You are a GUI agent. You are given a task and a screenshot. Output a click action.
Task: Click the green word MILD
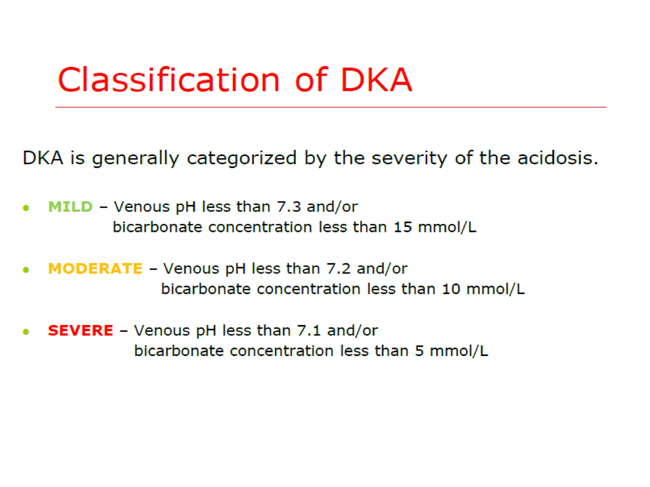click(x=70, y=207)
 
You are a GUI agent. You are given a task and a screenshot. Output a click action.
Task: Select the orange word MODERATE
click(x=95, y=269)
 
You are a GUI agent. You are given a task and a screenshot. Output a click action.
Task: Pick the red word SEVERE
click(x=80, y=330)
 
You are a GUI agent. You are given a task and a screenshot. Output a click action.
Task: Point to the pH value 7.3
click(x=289, y=207)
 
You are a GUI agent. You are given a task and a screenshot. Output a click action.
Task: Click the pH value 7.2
click(x=338, y=269)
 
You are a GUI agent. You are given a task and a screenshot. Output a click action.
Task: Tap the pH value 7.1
click(x=309, y=330)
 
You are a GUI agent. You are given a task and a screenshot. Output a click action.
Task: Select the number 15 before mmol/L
click(x=402, y=227)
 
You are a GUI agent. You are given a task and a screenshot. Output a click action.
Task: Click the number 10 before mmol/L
click(x=451, y=289)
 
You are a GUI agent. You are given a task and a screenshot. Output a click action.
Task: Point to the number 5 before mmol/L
click(x=419, y=351)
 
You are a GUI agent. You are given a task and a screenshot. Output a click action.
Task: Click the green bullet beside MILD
click(x=26, y=208)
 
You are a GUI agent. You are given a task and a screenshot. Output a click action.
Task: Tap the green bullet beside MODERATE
click(x=26, y=270)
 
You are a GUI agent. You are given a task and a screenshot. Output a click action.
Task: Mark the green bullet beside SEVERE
click(x=26, y=332)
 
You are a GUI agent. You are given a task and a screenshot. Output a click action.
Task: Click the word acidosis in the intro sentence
click(x=557, y=158)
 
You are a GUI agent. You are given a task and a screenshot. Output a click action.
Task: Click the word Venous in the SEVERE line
click(x=162, y=330)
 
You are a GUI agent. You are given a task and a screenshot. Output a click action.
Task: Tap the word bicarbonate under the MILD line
click(x=157, y=227)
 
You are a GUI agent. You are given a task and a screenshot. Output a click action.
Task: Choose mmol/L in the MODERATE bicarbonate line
click(x=495, y=289)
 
